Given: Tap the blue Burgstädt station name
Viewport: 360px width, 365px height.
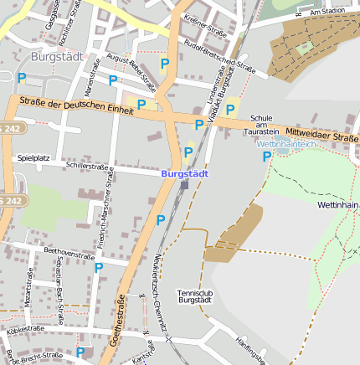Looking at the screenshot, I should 184,173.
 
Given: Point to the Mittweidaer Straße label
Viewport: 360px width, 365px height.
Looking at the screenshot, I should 321,133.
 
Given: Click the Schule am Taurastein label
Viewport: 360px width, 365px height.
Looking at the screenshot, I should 261,126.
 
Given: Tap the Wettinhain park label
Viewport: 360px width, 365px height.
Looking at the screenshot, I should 338,204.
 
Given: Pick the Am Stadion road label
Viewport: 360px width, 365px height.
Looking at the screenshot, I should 327,13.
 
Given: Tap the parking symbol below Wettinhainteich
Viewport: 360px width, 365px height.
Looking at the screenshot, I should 266,156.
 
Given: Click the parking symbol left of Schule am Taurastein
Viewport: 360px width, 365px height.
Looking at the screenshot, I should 230,110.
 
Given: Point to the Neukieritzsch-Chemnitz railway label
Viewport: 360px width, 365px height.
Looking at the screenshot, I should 162,297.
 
